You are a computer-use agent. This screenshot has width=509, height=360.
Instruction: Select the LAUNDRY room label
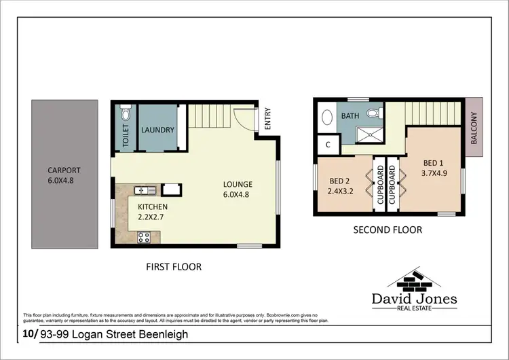[157, 130]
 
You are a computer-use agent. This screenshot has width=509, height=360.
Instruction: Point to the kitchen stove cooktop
[145, 237]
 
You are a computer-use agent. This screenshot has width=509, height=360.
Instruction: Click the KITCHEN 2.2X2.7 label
[153, 211]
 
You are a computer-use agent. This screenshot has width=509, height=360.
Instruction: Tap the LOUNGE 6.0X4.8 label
[238, 189]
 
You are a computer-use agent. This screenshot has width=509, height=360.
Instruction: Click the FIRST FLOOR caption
[174, 267]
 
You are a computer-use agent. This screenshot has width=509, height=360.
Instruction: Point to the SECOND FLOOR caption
[388, 230]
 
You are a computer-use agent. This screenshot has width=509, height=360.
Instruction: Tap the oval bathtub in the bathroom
[327, 117]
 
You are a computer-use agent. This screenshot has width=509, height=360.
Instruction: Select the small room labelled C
[328, 144]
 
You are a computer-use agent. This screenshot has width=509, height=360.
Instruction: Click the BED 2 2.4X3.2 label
[341, 185]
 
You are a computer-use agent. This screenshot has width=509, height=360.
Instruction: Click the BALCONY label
[474, 129]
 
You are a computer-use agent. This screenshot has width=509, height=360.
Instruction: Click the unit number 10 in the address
[29, 335]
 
